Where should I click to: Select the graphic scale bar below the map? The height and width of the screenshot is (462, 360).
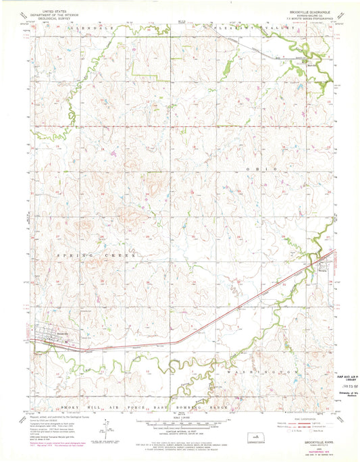(x=180, y=423)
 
